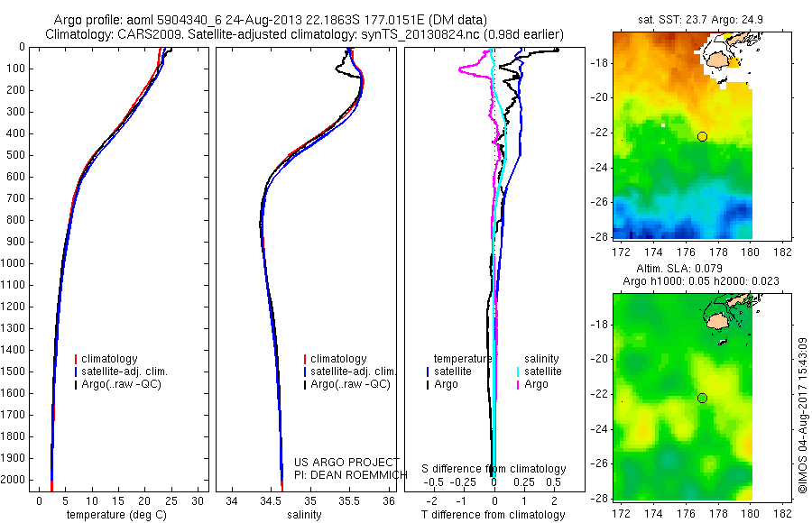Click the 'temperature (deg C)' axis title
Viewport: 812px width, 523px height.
115,515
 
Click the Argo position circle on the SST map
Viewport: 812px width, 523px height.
702,136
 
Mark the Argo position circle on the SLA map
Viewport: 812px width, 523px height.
702,398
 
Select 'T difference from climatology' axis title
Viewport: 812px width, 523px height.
494,515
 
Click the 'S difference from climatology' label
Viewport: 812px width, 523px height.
494,469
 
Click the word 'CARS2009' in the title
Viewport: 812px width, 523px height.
143,34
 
